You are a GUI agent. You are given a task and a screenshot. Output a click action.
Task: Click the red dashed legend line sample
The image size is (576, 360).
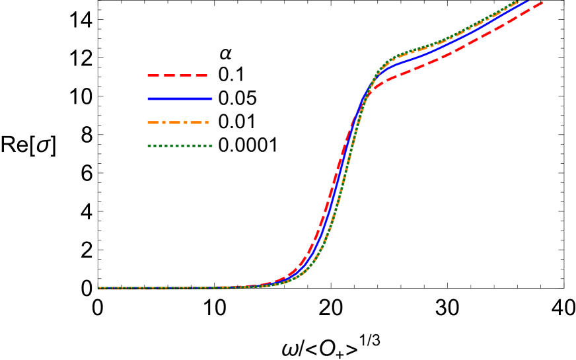177,75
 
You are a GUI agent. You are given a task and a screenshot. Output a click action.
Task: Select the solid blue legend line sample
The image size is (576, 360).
180,98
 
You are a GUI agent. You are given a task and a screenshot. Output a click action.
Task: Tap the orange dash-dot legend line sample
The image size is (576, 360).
178,122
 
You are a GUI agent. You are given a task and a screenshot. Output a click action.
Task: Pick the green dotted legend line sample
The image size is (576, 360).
180,145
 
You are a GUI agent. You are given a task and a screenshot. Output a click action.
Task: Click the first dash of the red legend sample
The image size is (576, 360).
154,75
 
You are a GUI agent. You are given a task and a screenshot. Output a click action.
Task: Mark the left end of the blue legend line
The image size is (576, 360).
148,98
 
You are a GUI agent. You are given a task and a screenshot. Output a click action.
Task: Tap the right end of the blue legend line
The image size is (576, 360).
212,98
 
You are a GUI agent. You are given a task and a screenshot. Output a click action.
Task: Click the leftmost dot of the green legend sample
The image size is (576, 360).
149,145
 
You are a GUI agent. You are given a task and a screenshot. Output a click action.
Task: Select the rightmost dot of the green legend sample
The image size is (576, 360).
211,145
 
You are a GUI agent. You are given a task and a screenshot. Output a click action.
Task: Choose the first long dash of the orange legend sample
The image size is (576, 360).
153,122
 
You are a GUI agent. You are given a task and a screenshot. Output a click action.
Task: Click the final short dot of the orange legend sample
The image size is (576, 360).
207,122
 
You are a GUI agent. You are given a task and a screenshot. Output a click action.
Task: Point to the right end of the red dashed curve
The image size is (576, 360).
542,3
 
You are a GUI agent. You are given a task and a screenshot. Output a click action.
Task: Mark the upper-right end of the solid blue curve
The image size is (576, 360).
526,2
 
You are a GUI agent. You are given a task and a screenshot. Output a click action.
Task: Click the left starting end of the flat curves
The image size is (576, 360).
99,288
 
